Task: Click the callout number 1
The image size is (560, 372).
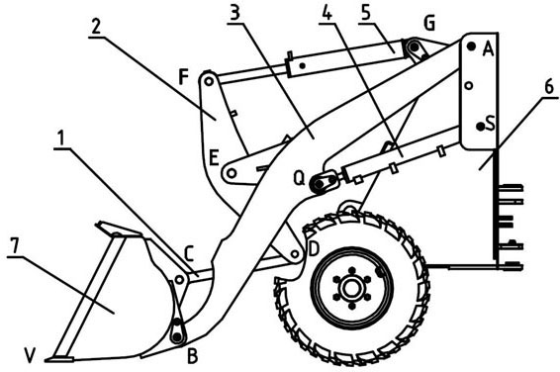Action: (61, 139)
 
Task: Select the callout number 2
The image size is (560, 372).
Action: (95, 27)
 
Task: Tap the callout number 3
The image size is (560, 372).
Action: (234, 13)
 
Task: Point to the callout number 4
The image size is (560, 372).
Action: (327, 13)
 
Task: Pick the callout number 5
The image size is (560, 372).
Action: (366, 13)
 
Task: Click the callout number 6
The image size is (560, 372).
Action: (549, 87)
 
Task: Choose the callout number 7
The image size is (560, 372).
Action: (14, 246)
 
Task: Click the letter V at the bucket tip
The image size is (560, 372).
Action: (31, 355)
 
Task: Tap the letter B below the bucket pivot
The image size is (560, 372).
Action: (193, 356)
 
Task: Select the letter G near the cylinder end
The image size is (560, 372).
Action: (429, 24)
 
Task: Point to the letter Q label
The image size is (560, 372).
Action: (299, 178)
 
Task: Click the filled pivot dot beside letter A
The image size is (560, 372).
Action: (471, 46)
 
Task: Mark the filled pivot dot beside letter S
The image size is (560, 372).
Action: (481, 126)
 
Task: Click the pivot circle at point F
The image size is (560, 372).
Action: (209, 82)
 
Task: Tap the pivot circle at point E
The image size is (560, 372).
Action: (232, 173)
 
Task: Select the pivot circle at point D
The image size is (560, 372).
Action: (295, 254)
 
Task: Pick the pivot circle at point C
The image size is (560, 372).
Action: (180, 280)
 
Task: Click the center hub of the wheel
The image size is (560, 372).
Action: (352, 289)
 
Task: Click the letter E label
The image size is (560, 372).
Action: (214, 157)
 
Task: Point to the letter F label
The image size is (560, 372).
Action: (183, 77)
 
